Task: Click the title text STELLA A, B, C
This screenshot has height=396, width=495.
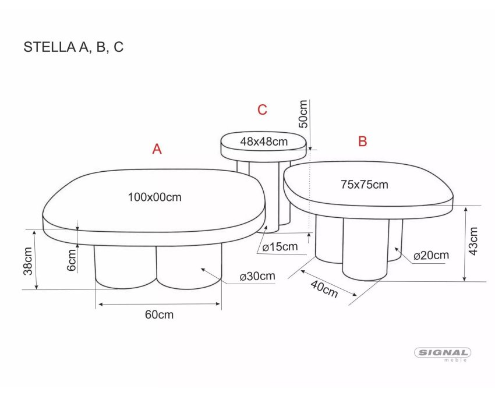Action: click(73, 47)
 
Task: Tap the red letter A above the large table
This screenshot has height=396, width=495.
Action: click(157, 148)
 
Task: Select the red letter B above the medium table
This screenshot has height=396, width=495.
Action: click(362, 141)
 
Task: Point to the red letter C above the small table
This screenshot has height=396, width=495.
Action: click(262, 110)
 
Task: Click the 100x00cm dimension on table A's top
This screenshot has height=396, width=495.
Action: click(155, 197)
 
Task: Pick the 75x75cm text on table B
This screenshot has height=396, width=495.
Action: click(365, 185)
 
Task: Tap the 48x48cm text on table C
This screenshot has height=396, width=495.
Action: click(264, 142)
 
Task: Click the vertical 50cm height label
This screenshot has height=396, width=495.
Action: click(303, 114)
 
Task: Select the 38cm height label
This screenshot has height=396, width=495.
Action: click(28, 261)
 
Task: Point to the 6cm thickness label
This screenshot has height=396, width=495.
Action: click(72, 260)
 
